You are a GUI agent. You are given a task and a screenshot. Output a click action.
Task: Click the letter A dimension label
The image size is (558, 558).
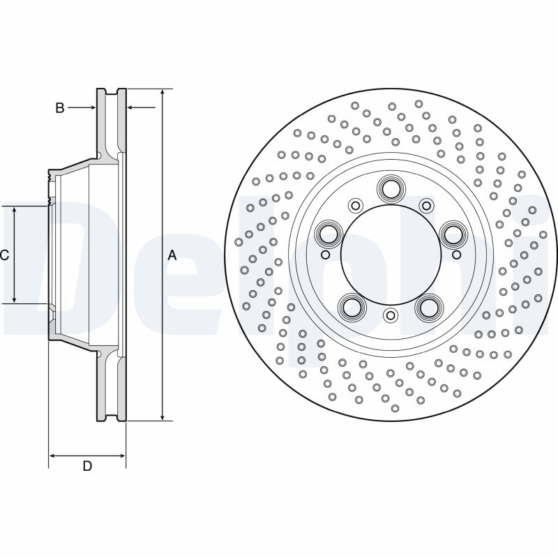(172, 255)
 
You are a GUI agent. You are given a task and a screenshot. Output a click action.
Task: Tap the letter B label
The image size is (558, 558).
(60, 107)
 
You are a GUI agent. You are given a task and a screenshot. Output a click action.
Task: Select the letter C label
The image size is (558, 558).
(4, 255)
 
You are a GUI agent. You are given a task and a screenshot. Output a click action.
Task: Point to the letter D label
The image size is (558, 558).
(87, 466)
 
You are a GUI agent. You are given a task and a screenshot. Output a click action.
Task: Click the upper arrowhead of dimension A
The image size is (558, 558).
(163, 92)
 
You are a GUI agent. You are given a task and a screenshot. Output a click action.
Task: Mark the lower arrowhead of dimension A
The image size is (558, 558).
(163, 417)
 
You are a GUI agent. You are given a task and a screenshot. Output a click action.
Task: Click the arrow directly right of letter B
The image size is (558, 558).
(82, 107)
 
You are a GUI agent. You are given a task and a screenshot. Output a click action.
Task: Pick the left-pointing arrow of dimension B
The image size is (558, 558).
(142, 107)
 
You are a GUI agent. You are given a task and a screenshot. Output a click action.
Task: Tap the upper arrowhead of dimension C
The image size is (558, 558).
(14, 210)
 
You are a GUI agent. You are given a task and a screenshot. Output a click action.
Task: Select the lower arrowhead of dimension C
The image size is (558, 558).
(14, 300)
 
